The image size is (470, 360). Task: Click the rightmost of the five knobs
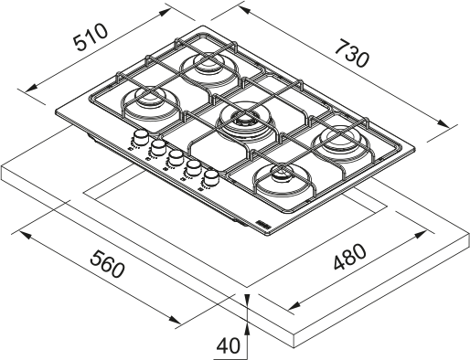tap(211, 177)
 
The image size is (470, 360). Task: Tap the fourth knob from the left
tap(193, 167)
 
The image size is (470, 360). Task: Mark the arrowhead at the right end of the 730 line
tap(452, 127)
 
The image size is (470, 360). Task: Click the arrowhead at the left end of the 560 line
tap(23, 233)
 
